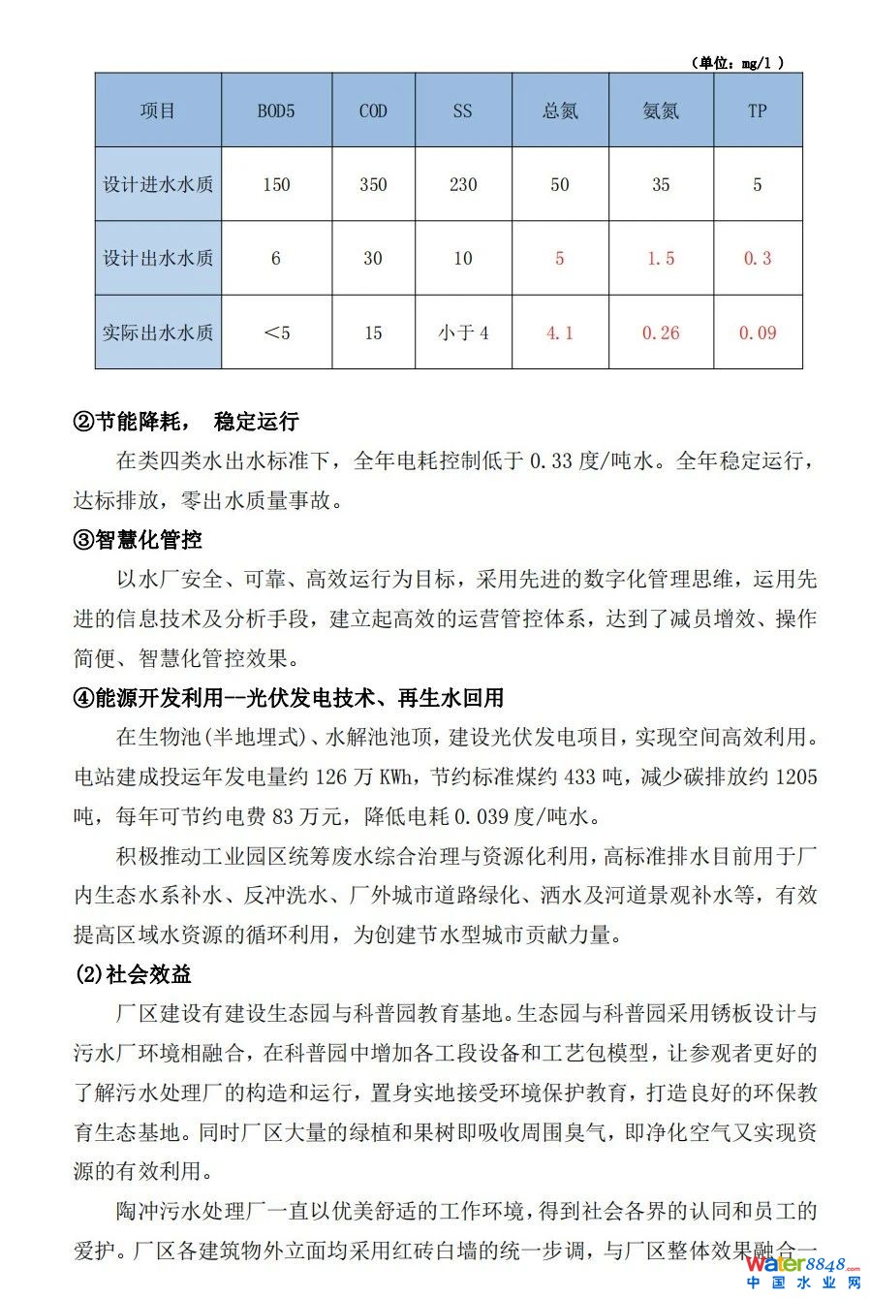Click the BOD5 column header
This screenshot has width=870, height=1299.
pos(276,111)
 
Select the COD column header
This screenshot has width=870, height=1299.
pos(373,111)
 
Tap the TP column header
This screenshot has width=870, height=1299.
pos(757,111)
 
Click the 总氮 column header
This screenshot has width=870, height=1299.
pos(560,111)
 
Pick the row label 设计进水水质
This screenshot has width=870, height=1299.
pos(158,184)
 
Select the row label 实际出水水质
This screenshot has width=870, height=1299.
pos(158,333)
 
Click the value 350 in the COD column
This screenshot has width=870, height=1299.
pos(373,184)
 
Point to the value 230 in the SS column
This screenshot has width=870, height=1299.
pos(463,184)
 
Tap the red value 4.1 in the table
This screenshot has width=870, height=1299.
pos(560,333)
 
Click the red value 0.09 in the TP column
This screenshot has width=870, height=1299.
pos(757,333)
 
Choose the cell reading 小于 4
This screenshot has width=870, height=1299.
pos(463,333)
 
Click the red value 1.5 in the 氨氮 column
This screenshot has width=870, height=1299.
pos(661,259)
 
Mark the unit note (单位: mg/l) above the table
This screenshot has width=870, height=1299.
pos(737,63)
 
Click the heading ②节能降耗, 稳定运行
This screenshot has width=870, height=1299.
pos(186,422)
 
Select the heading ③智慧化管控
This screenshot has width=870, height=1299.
pos(138,540)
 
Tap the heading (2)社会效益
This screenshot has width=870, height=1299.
pos(133,974)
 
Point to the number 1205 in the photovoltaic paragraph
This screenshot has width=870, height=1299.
pos(796,776)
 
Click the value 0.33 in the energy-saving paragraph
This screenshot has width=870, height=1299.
pos(551,461)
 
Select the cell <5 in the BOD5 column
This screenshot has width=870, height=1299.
pos(276,333)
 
